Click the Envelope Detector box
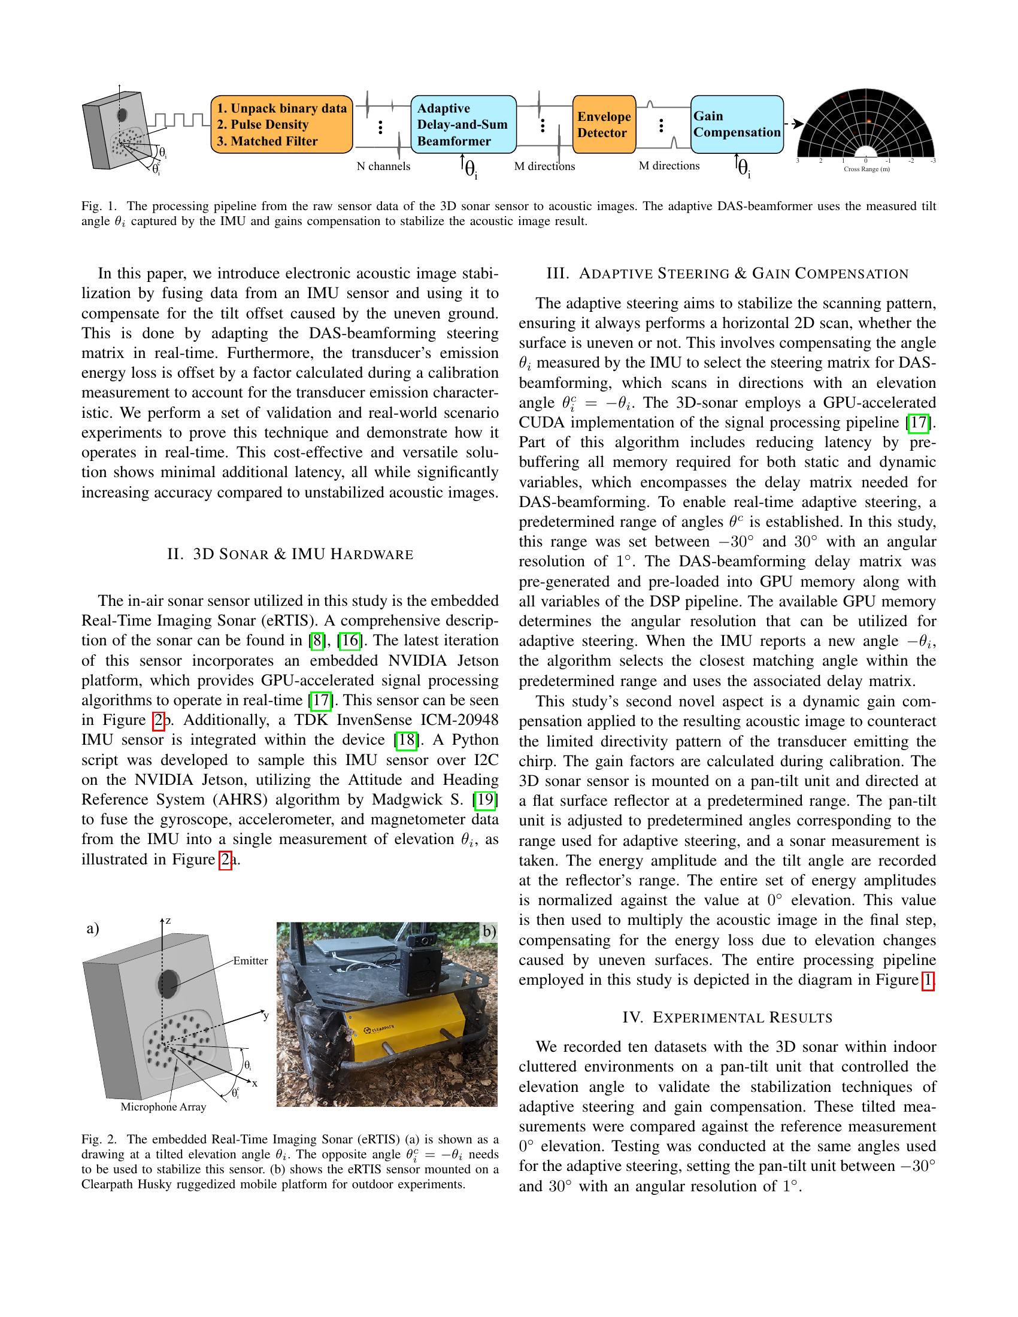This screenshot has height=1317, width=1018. tap(604, 125)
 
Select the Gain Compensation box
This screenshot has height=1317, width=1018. tap(737, 125)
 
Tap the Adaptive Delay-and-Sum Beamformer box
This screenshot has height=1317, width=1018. tap(462, 125)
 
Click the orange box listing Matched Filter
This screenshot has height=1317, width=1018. tap(281, 125)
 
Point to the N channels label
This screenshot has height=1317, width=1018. tap(383, 166)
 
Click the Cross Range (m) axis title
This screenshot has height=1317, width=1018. tap(866, 169)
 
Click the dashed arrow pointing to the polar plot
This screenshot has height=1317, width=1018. tap(793, 124)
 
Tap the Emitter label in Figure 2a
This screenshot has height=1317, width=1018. tap(250, 961)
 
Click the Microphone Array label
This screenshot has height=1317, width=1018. tap(163, 1106)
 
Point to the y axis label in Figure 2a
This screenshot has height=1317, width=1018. tap(266, 1015)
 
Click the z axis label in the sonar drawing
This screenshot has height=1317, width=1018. tap(168, 921)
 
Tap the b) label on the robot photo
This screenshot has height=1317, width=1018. tap(489, 931)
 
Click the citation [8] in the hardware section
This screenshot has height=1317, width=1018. tap(316, 641)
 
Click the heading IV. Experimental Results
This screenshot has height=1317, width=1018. tap(728, 1018)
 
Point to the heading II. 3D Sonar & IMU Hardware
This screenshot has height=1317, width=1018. tap(290, 554)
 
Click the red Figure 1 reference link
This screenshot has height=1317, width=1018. tap(928, 980)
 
